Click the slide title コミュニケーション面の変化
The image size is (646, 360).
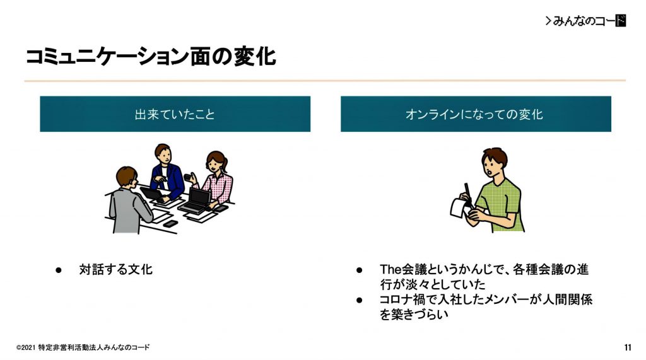[x=150, y=57]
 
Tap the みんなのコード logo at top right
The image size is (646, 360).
[x=585, y=21]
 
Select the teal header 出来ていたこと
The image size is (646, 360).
[x=175, y=114]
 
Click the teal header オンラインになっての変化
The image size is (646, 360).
[x=476, y=114]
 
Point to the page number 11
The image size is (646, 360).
[x=628, y=347]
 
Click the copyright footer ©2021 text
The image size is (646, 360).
[x=83, y=347]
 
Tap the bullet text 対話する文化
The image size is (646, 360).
[x=116, y=269]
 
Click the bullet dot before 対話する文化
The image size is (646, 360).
[x=59, y=270]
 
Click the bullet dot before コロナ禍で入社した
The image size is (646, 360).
[x=359, y=300]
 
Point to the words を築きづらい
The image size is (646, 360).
[x=414, y=315]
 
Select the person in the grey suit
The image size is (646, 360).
[x=129, y=202]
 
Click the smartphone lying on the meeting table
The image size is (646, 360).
[x=170, y=224]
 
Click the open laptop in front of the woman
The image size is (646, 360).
[x=196, y=201]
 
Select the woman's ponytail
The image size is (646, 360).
[x=225, y=162]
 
